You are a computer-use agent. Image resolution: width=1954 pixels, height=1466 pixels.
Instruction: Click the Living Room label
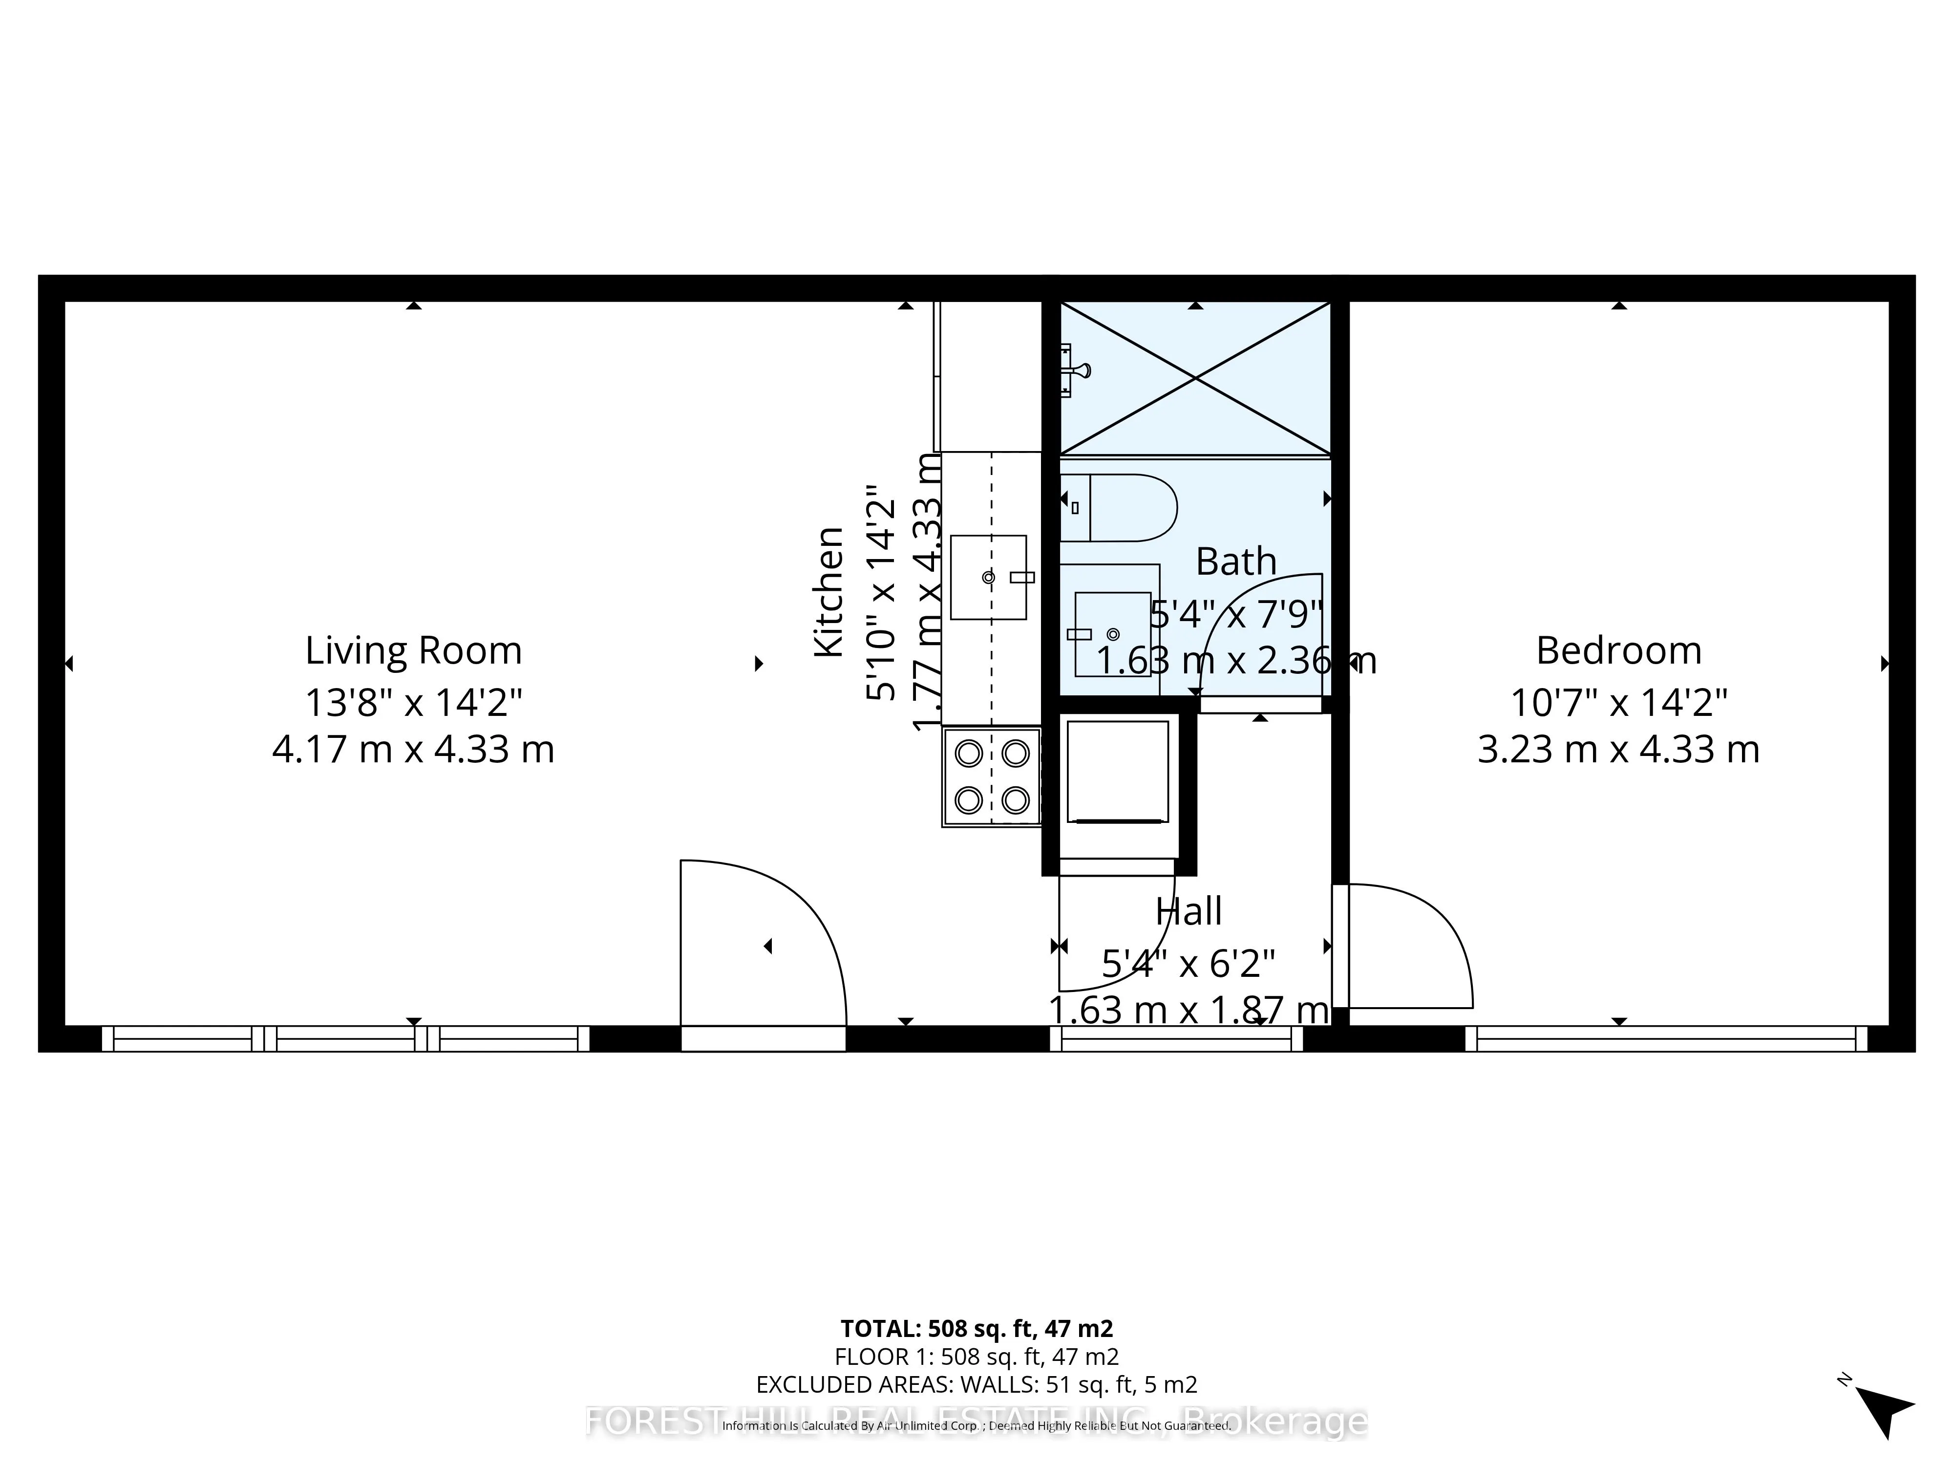pyautogui.click(x=413, y=651)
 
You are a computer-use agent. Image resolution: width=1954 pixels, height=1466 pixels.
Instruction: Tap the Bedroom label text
pyautogui.click(x=1618, y=651)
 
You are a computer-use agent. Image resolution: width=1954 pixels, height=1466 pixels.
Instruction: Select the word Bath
pyautogui.click(x=1236, y=562)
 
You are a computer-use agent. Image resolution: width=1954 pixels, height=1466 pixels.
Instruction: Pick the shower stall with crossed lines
pyautogui.click(x=1195, y=378)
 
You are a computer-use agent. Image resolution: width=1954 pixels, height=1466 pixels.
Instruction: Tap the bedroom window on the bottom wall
pyautogui.click(x=1666, y=1039)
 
